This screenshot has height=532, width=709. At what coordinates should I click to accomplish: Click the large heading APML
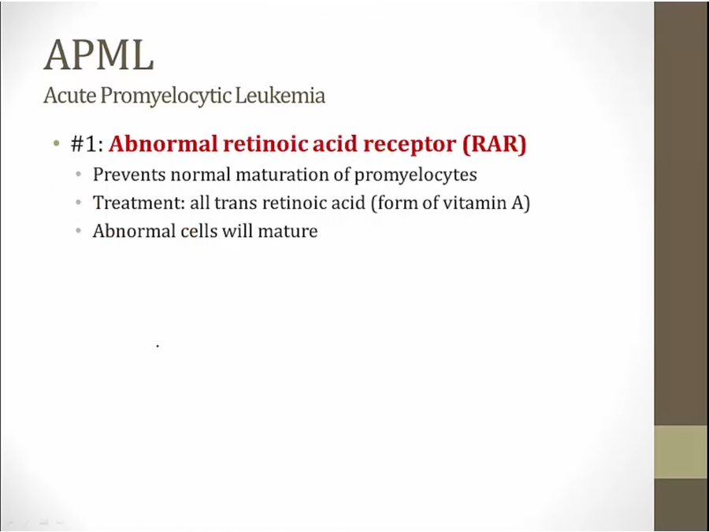click(98, 54)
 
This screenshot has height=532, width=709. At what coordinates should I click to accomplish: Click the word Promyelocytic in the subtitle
click(166, 96)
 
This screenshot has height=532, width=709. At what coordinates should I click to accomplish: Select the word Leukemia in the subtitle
click(280, 95)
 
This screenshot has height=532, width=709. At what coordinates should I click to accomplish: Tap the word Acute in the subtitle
click(70, 95)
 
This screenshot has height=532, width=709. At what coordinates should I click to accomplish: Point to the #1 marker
click(87, 144)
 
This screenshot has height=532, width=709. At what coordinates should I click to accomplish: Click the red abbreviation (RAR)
click(494, 144)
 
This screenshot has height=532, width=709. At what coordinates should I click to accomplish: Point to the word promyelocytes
click(415, 176)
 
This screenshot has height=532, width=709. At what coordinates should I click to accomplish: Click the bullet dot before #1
click(56, 144)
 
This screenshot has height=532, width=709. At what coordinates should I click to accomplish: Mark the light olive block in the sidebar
click(681, 452)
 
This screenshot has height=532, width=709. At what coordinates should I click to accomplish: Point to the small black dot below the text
click(158, 346)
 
